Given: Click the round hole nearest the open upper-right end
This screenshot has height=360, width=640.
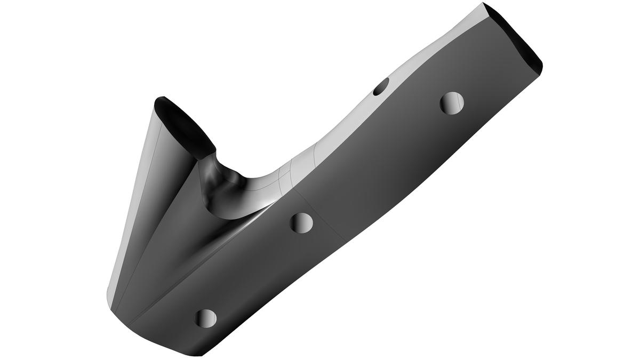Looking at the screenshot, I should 452,102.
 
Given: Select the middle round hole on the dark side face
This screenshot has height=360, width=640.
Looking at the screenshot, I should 301,222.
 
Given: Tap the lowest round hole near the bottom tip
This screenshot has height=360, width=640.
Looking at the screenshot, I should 206,318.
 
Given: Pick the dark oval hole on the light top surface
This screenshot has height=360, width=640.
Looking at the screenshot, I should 381,86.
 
